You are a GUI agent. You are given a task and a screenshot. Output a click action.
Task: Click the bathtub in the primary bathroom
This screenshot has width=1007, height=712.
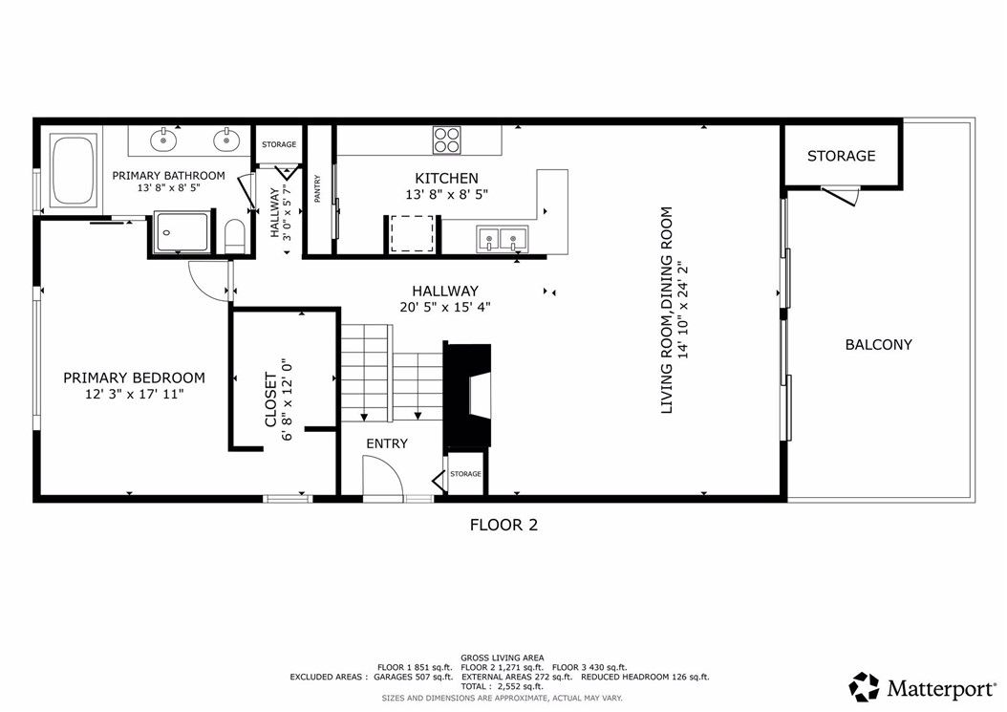74,170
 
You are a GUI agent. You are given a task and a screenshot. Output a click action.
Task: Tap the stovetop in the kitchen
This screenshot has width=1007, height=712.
447,140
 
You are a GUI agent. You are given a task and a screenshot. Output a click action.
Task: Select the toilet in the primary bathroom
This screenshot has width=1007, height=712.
235,236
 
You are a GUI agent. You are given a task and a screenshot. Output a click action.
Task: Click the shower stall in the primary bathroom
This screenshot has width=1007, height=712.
182,232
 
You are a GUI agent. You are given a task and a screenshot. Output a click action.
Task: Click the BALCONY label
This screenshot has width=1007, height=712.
878,345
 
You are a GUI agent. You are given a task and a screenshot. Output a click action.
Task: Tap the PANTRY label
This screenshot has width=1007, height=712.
317,189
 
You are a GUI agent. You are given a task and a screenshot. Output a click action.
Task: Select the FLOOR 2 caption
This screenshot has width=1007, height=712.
503,525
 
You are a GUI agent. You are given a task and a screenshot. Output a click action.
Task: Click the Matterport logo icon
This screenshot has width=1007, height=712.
864,687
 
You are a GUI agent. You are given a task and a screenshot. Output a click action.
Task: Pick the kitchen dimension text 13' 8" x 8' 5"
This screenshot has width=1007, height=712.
447,194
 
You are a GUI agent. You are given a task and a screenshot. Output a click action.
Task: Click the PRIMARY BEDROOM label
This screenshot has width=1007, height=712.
134,378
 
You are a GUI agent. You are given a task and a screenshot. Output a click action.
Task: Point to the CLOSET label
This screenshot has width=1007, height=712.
271,399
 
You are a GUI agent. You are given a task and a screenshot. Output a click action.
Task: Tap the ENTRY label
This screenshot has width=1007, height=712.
387,443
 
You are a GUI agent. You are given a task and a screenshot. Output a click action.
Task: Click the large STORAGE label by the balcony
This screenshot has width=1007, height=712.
842,156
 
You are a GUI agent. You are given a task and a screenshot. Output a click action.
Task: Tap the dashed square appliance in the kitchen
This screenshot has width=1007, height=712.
413,234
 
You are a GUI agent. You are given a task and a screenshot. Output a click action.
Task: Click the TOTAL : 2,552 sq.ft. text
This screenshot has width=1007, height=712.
502,687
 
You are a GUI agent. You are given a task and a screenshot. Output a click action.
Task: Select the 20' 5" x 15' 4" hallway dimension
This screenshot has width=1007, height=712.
445,307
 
